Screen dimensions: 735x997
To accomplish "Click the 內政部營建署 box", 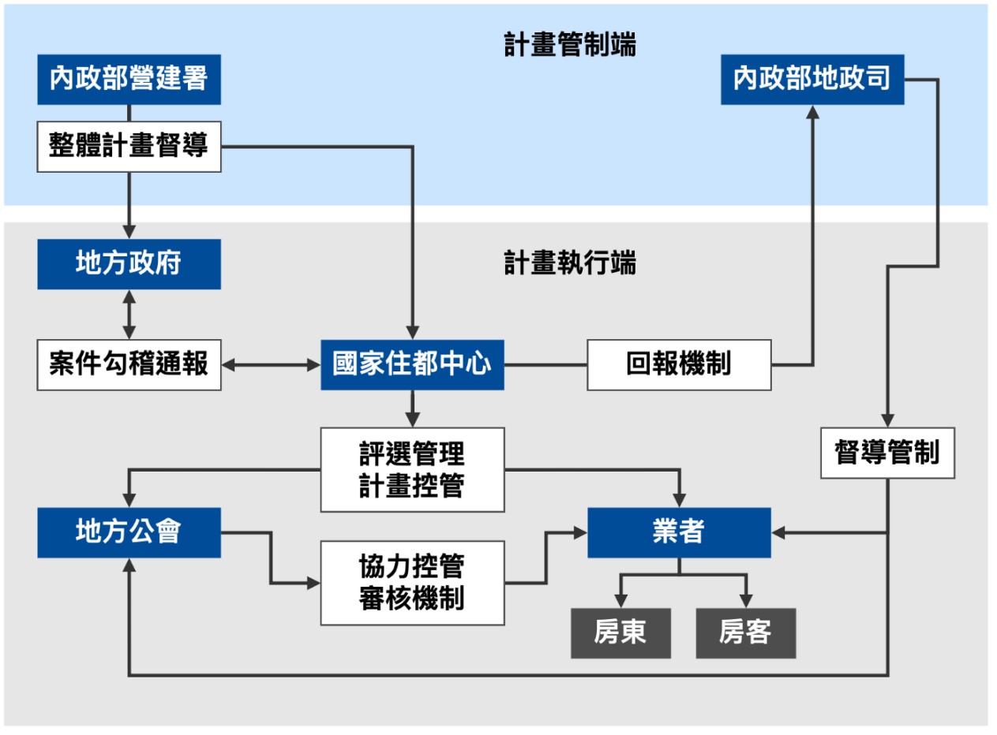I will pos(129,79).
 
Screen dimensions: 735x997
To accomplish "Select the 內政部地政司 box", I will pos(812,79).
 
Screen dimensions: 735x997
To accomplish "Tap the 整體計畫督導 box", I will pos(129,147).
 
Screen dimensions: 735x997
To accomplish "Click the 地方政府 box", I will pos(129,264).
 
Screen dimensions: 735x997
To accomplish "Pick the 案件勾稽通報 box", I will pos(129,364).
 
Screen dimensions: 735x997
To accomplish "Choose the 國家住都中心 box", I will pos(412,364).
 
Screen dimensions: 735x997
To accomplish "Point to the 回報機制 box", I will pos(679,364).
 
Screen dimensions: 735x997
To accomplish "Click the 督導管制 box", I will pos(887,453).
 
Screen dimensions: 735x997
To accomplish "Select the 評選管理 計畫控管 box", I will pos(412,469).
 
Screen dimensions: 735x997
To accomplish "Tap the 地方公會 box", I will pos(129,532).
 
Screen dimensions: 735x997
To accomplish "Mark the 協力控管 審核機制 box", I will pos(412,583).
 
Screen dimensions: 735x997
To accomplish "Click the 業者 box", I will pos(679,532).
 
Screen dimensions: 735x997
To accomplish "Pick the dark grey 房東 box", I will pos(620,632).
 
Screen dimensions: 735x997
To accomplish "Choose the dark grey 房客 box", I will pos(745,632).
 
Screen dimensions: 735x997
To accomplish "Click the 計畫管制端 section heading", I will pos(570,45).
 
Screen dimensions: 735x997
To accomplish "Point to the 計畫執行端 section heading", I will pos(570,263).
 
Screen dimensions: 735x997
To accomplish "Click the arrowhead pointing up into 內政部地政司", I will pos(812,112).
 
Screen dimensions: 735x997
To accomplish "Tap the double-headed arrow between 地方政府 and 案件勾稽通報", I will pos(129,315).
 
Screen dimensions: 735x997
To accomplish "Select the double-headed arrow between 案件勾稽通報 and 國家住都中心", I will pos(271,364).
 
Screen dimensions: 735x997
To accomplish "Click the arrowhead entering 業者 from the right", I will pos(778,533).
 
